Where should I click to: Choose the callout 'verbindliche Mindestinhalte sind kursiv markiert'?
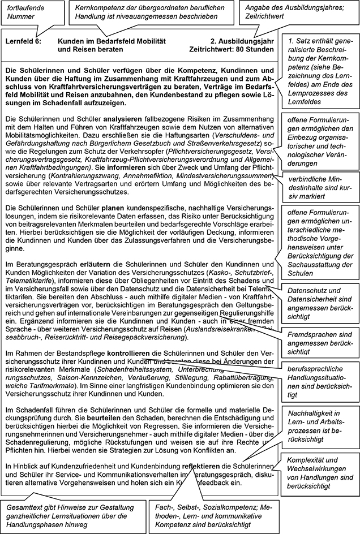(x=320, y=187)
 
